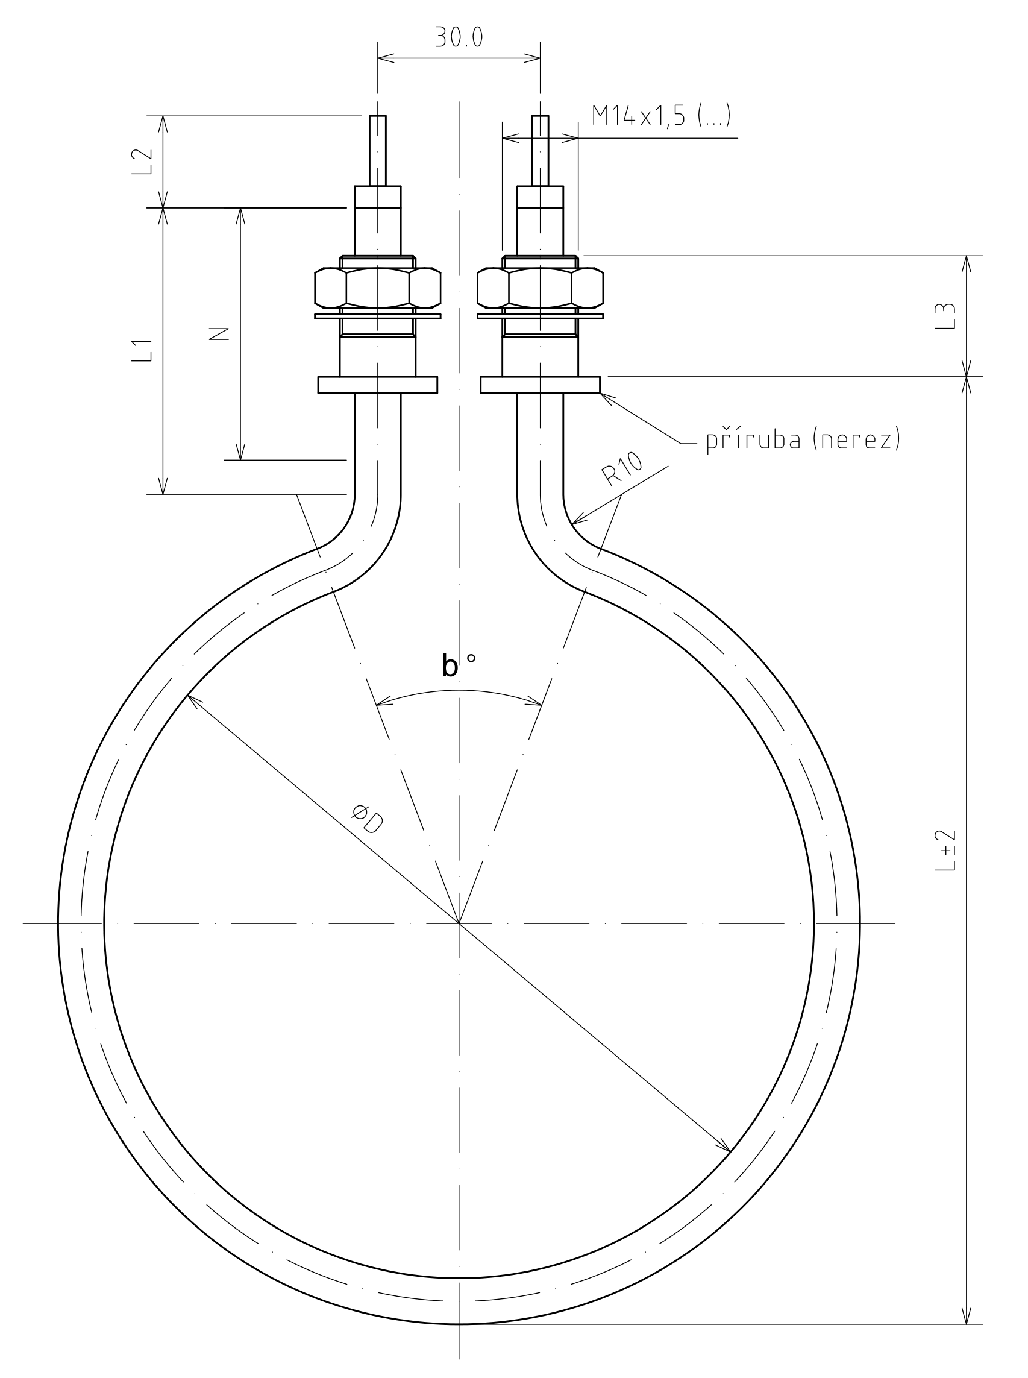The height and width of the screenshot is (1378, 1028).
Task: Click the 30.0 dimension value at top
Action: click(x=459, y=38)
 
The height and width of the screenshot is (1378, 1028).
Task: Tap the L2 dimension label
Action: click(x=143, y=162)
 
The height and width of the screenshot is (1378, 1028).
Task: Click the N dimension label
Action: click(x=219, y=334)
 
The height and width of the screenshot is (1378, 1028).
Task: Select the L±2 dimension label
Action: click(x=945, y=850)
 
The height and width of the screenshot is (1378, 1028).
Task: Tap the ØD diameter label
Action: click(x=367, y=819)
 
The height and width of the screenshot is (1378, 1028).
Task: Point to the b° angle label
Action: click(x=458, y=665)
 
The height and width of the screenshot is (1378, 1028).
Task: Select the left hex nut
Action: click(x=378, y=288)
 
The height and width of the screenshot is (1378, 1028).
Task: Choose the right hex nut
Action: click(x=540, y=288)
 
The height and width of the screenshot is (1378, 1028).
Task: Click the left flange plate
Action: click(x=378, y=385)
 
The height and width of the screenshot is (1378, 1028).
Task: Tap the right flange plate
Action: click(x=540, y=385)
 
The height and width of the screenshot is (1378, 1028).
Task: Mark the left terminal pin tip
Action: click(x=378, y=116)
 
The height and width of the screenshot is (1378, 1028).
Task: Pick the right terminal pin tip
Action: click(x=540, y=116)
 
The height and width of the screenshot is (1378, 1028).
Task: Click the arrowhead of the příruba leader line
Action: click(x=601, y=395)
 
